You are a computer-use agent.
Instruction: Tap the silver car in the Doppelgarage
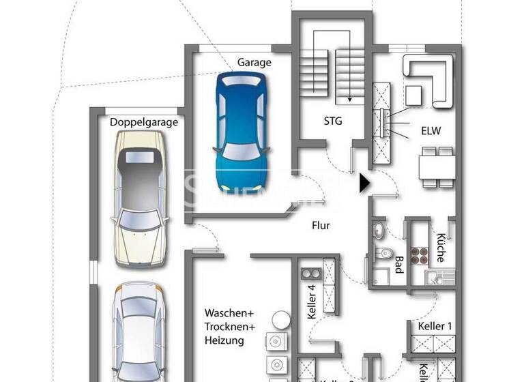139,331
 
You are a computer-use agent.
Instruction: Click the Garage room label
254,62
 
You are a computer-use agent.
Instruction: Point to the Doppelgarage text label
144,123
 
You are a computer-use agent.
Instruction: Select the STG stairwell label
333,121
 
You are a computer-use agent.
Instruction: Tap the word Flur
321,225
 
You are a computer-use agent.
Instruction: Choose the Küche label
441,248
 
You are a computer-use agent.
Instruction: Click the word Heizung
223,340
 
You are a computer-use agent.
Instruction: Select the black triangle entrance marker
364,183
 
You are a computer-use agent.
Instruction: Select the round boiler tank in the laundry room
278,319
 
